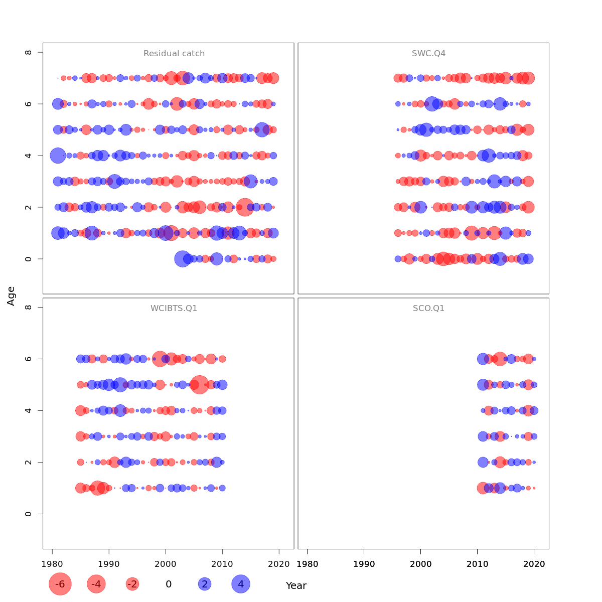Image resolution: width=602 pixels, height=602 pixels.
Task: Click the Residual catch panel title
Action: tap(174, 54)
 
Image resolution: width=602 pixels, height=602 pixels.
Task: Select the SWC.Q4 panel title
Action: tap(428, 54)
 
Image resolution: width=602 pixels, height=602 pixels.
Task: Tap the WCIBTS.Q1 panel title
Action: tap(174, 309)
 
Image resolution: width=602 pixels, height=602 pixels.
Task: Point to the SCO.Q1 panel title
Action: tap(428, 309)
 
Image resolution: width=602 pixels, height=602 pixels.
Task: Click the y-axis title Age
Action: tap(11, 296)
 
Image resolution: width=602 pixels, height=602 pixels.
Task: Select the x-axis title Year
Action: tap(296, 585)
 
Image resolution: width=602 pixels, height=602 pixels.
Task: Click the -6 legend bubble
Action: tap(60, 584)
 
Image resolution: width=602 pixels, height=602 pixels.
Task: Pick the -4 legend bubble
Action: tap(96, 584)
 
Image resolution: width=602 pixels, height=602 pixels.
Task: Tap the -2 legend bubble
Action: tap(132, 584)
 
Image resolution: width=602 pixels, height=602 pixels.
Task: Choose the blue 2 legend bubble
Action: tap(204, 584)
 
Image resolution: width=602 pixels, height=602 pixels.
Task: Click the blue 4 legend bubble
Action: tap(241, 584)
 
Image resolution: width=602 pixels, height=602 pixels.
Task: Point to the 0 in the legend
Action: tap(169, 584)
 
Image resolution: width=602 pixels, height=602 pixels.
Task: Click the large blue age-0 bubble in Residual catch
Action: tap(183, 259)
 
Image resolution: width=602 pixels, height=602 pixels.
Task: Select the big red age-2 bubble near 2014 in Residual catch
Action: tap(245, 207)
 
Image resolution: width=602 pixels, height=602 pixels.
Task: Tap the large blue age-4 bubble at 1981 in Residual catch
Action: tap(58, 156)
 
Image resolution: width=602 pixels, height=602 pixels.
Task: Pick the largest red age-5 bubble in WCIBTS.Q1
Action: tap(200, 385)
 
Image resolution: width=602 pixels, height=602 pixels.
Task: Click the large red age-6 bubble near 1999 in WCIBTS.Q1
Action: tap(160, 359)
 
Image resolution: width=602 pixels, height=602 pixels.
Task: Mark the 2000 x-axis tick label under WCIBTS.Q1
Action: tap(166, 564)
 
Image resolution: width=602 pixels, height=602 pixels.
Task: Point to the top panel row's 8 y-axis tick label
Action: tap(29, 52)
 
